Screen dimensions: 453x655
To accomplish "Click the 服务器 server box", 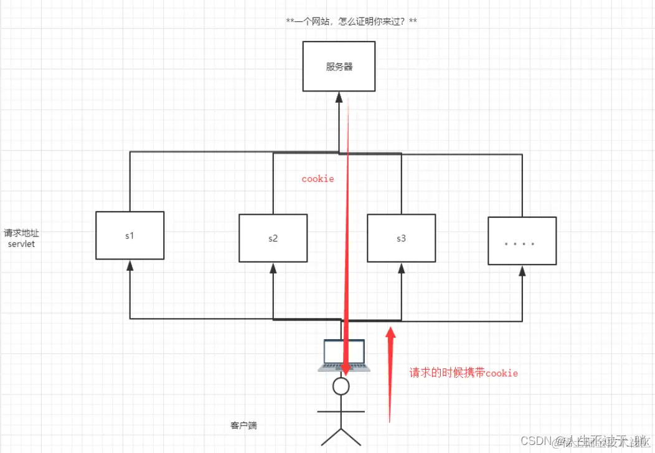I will [x=339, y=66].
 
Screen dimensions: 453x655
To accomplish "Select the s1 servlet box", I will [x=130, y=236].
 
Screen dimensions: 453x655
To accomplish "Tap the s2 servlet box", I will [x=273, y=238].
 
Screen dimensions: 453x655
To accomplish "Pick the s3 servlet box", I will [x=400, y=238].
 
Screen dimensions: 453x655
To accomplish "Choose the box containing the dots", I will [x=521, y=241].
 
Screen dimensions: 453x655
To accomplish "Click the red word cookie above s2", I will [x=318, y=179].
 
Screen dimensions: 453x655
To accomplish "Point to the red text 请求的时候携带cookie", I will [x=463, y=373].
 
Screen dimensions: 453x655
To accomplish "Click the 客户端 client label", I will [x=243, y=426].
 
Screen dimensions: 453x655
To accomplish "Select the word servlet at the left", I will [x=22, y=244].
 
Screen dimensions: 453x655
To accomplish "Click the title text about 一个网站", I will [x=351, y=22].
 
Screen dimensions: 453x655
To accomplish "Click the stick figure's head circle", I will [x=341, y=386].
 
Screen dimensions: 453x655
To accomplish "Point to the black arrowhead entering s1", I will [x=130, y=265].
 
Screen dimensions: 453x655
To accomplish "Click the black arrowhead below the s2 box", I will [x=273, y=268].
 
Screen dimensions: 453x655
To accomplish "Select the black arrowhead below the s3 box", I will [x=400, y=268].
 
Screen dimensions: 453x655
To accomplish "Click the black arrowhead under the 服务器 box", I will [x=339, y=97].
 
